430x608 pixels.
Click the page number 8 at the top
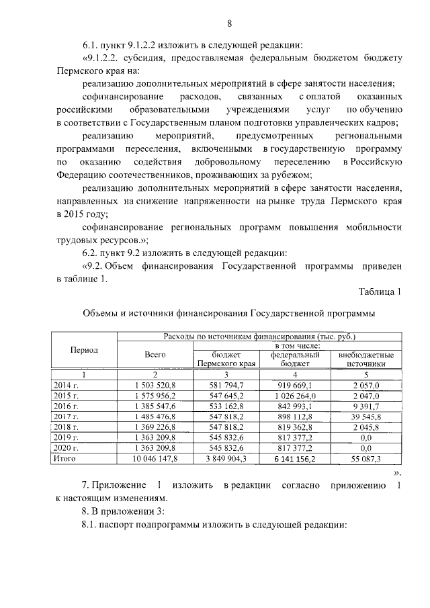228,24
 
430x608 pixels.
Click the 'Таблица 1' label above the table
380,292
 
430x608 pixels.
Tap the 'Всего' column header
155,355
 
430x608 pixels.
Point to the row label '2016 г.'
66,406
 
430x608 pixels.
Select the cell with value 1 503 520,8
155,385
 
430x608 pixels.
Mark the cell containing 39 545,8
366,417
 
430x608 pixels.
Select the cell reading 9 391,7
366,406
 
